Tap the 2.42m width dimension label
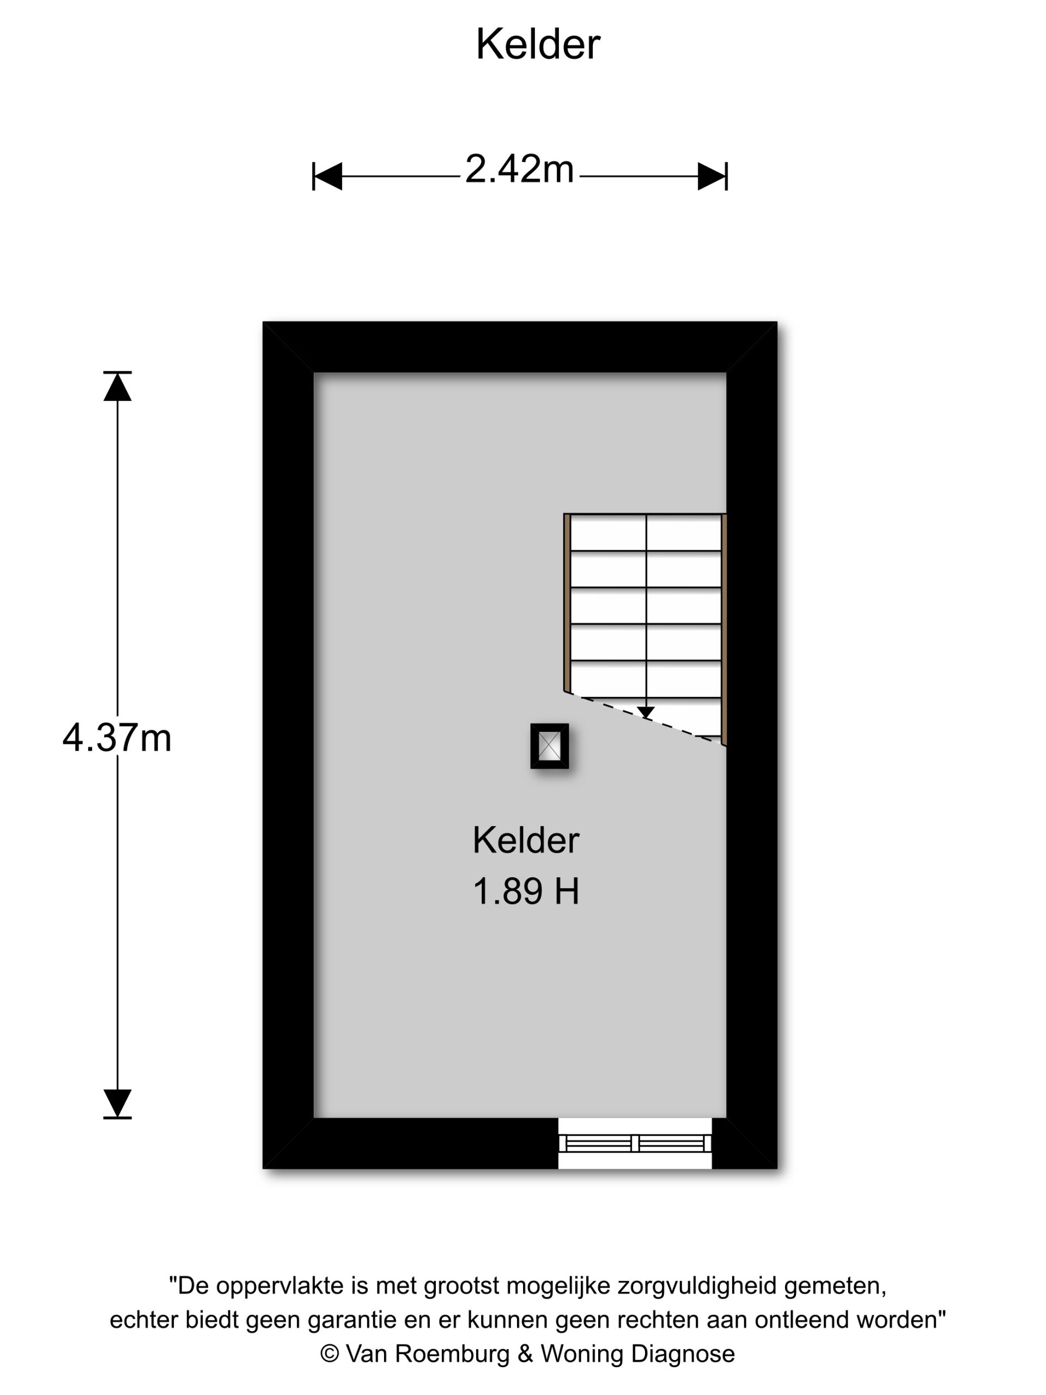[520, 169]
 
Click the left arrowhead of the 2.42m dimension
[327, 176]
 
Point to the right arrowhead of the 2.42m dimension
[712, 176]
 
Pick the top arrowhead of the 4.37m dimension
[117, 386]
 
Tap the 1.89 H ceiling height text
[526, 891]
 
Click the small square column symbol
[550, 746]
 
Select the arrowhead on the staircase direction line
[646, 713]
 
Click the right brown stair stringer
[725, 629]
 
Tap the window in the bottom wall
[635, 1143]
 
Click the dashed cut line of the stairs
[645, 718]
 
